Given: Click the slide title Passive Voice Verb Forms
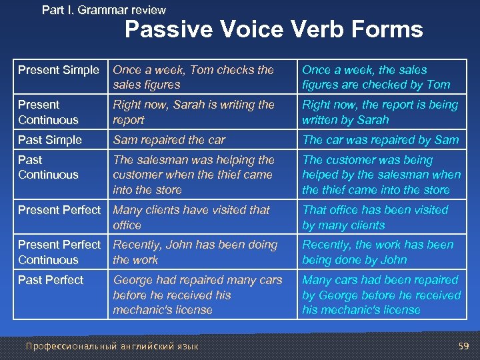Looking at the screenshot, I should [273, 30].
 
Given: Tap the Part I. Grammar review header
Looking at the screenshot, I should [103, 10].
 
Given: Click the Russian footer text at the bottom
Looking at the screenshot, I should [111, 346].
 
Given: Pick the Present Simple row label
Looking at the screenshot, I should [59, 70].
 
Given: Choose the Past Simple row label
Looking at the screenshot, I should [50, 140].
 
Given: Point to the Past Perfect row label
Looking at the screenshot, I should [51, 280].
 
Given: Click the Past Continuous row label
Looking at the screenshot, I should [48, 167].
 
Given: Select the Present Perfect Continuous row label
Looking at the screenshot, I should [59, 252].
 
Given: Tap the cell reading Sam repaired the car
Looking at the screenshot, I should [169, 140].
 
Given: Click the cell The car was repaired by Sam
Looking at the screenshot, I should [381, 140].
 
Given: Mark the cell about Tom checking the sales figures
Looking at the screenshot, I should [193, 77].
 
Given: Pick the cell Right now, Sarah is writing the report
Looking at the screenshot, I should [193, 112].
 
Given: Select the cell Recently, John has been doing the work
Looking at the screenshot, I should [195, 252].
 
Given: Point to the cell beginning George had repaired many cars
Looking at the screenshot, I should [197, 295].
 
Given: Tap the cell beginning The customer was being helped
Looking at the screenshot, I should [381, 175].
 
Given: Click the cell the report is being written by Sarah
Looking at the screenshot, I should [380, 112].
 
